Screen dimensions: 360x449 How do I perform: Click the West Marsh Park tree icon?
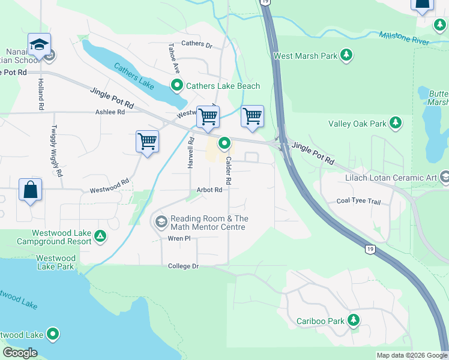[346, 56]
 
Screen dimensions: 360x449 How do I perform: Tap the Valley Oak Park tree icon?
[395, 124]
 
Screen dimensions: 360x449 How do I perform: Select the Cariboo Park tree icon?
[354, 320]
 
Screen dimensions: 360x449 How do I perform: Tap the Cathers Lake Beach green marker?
[176, 86]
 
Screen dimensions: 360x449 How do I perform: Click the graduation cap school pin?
[39, 45]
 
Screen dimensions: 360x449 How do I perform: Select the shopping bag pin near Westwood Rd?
[30, 190]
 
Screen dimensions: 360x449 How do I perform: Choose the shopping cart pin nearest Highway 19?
[253, 116]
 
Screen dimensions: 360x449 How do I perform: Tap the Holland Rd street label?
[41, 97]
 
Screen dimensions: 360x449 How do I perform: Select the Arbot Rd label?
[209, 190]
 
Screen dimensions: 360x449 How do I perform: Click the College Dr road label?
[183, 266]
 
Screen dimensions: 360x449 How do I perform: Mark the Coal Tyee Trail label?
[358, 201]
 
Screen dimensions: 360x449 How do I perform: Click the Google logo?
[20, 353]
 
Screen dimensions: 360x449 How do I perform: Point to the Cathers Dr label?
[197, 44]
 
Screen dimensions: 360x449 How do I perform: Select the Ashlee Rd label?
[110, 112]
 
